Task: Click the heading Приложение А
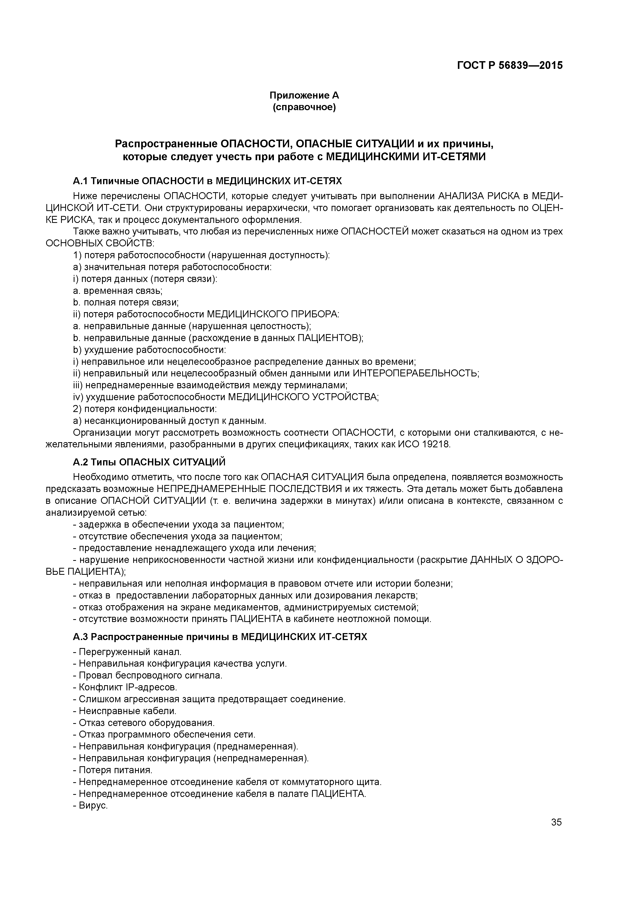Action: pyautogui.click(x=304, y=95)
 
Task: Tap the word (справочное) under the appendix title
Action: pyautogui.click(x=304, y=107)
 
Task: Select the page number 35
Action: pyautogui.click(x=556, y=822)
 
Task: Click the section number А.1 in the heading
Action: pyautogui.click(x=80, y=181)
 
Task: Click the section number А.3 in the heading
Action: pyautogui.click(x=80, y=637)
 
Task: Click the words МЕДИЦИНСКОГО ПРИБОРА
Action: pyautogui.click(x=272, y=314)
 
